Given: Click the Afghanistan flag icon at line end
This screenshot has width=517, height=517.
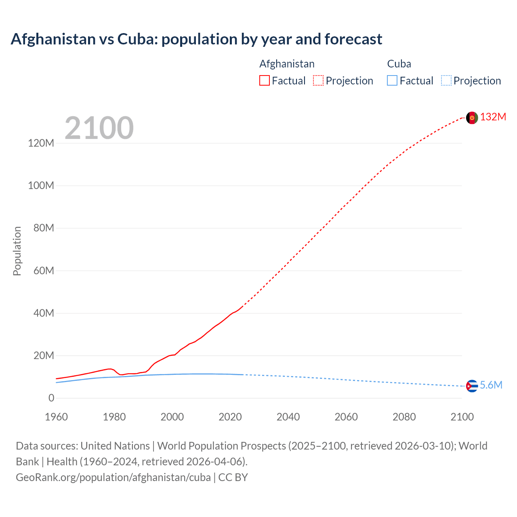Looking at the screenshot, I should [x=472, y=118].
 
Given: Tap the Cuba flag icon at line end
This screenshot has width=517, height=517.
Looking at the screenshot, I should [x=472, y=386].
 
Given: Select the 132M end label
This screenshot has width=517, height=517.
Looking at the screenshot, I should [x=493, y=117].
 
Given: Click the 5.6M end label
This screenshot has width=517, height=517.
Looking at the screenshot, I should [x=491, y=385].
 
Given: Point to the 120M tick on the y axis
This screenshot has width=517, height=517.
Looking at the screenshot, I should [x=41, y=143].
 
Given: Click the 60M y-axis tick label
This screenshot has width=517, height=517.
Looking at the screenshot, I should [x=44, y=271].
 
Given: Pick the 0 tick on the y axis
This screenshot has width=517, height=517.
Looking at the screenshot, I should [x=51, y=398].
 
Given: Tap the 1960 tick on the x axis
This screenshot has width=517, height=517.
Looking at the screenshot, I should [x=56, y=417].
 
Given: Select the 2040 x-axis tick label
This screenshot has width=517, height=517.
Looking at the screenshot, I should [x=288, y=417].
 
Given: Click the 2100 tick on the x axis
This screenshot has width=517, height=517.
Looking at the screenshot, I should [x=462, y=417].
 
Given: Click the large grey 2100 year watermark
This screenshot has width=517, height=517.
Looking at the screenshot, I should [x=99, y=128].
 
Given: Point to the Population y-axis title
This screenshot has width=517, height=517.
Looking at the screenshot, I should [x=17, y=251].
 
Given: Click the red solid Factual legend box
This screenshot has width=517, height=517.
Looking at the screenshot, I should [x=265, y=81].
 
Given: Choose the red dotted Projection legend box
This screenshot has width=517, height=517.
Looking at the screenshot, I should [x=318, y=81].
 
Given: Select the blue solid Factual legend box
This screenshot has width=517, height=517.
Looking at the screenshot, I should [x=392, y=81].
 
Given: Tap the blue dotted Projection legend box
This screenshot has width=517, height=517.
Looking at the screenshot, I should [x=446, y=81].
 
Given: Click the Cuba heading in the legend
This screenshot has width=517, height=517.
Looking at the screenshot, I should [x=399, y=64].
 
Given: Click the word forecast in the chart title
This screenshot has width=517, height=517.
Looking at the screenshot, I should [x=353, y=39].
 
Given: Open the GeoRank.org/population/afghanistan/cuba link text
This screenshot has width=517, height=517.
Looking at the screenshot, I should [x=113, y=477].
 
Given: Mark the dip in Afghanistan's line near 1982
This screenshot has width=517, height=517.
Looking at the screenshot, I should [x=121, y=375].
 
